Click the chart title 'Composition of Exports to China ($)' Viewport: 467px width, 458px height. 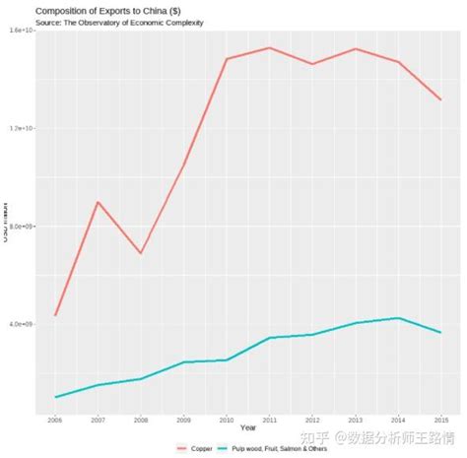(106, 10)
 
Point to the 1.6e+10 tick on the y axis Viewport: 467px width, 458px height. (22, 32)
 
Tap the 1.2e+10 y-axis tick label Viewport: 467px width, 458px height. (22, 129)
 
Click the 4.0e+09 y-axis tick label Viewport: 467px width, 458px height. (22, 324)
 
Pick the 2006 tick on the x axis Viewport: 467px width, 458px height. (55, 421)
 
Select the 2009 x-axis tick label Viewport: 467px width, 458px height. (183, 421)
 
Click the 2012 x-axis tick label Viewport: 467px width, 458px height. (311, 421)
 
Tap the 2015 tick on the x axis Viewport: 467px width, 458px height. (439, 421)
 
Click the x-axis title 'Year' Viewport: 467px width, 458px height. (247, 428)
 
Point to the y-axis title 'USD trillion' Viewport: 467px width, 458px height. (5, 226)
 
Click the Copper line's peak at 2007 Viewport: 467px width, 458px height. (98, 202)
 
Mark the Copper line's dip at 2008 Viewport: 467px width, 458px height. (141, 253)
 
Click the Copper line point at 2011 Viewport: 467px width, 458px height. (269, 47)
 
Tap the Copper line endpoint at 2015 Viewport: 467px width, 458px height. (440, 99)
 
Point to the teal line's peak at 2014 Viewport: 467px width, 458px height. (397, 318)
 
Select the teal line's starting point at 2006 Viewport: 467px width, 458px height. (55, 397)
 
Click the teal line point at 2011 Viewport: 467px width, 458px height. (269, 338)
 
